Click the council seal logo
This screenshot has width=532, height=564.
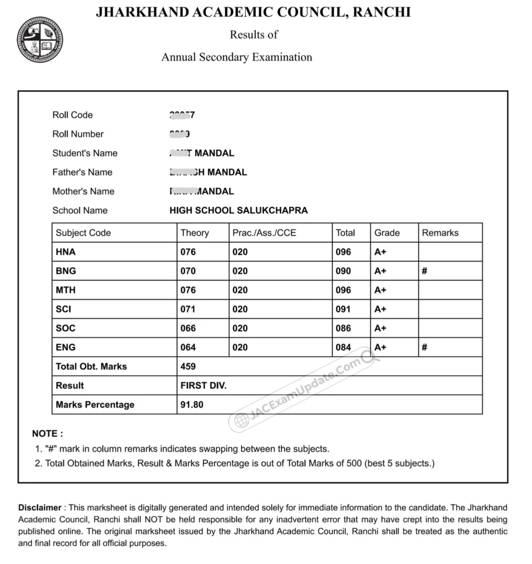click(x=39, y=40)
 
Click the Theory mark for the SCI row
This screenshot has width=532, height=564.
click(x=188, y=310)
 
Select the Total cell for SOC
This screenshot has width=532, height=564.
click(x=343, y=328)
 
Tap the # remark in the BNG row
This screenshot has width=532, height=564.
click(x=425, y=271)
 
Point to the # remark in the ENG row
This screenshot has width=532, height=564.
click(x=425, y=348)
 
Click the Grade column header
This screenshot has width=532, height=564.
click(x=387, y=233)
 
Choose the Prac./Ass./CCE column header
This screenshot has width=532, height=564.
click(x=264, y=233)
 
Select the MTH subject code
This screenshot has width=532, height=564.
click(x=65, y=290)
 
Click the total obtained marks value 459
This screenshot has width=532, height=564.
click(x=188, y=367)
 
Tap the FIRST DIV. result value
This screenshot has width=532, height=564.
click(x=203, y=386)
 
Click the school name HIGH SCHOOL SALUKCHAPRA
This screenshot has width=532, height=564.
click(x=239, y=210)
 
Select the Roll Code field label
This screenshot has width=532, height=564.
click(x=73, y=115)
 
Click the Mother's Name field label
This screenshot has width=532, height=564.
click(x=84, y=192)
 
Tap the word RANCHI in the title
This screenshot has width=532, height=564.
click(x=382, y=12)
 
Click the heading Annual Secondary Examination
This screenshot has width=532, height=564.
click(x=237, y=57)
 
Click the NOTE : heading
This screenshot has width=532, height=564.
click(x=47, y=434)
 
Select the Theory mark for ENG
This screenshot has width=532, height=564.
click(x=188, y=348)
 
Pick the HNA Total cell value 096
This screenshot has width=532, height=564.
click(x=343, y=252)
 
